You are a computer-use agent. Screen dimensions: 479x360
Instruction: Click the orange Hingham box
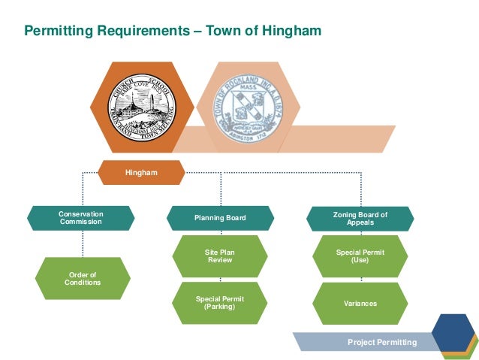(141, 173)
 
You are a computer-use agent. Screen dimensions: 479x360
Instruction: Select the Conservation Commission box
(81, 218)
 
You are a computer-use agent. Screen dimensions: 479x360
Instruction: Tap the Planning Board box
(220, 218)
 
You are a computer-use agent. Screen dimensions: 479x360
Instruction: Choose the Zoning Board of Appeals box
(360, 218)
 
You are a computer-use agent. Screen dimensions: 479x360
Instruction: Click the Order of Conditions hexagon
(83, 278)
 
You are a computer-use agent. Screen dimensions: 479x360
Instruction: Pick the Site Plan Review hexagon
(220, 256)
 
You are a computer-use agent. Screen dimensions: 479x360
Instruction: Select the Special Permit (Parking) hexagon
(220, 303)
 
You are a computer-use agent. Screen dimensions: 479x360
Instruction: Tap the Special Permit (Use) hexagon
(360, 256)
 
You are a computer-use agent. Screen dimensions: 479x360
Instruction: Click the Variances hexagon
(360, 303)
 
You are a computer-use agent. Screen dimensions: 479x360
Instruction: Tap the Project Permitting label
(381, 342)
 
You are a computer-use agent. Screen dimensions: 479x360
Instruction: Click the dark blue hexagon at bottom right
(452, 328)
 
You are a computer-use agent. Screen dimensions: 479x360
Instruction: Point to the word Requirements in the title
(147, 31)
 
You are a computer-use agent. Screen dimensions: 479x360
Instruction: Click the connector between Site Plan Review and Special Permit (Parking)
(220, 280)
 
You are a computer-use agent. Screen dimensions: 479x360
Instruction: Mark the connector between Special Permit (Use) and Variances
(360, 280)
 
